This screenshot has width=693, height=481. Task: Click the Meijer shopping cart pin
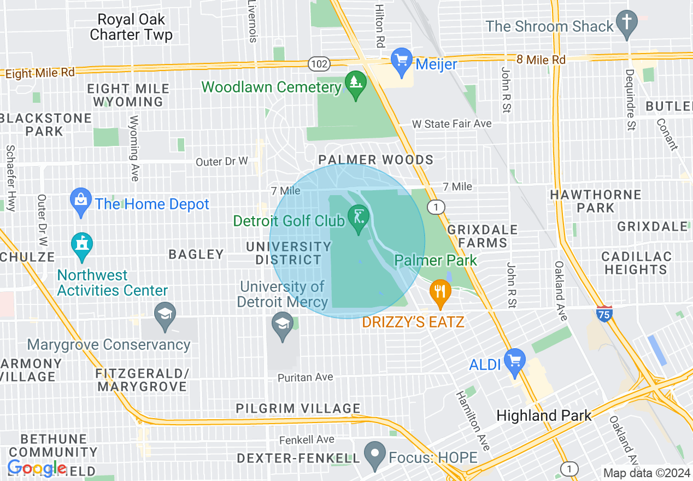402,62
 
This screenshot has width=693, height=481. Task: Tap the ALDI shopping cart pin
514,361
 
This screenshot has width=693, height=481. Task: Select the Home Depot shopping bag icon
81,202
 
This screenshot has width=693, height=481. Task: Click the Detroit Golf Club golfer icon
359,219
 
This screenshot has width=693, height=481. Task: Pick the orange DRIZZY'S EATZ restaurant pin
439,293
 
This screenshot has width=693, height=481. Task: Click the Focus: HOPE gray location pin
374,455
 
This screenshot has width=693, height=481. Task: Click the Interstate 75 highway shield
604,313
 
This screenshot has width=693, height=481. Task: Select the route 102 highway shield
318,64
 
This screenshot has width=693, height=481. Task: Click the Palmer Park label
436,260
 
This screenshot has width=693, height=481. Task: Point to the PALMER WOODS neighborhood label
377,160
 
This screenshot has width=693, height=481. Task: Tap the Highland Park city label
544,415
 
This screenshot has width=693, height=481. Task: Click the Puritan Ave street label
305,378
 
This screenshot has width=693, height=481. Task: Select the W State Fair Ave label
451,124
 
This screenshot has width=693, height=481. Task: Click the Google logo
37,468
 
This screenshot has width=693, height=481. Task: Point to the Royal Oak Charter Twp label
131,27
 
